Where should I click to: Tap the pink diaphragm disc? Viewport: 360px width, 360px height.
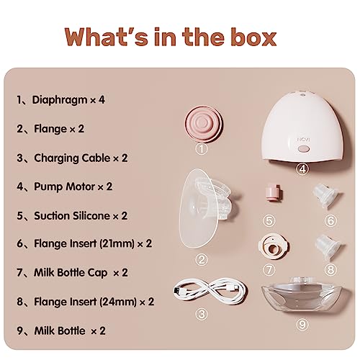pos(204,124)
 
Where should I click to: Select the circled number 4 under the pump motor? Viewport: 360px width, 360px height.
pos(302,168)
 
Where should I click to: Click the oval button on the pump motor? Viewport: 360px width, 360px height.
pos(303,149)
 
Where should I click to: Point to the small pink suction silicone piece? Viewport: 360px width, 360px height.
pos(274,192)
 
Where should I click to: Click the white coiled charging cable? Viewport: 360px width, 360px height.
pos(210,290)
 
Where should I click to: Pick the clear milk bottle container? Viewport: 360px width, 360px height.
pos(303,294)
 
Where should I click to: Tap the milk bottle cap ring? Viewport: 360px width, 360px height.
pos(274,246)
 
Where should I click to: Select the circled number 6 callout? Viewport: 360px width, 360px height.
pos(330,220)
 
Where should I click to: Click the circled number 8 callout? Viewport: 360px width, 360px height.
pos(330,269)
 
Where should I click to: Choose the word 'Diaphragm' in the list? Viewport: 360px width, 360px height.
pos(60,100)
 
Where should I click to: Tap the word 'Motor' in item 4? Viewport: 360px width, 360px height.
pos(81,186)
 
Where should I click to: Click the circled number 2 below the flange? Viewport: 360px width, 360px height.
pos(202,260)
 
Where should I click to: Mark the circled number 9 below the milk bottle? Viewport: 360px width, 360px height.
pos(302,324)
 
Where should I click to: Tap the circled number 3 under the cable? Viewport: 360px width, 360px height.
pos(202,314)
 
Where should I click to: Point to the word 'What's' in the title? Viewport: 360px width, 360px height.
pos(107,37)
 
